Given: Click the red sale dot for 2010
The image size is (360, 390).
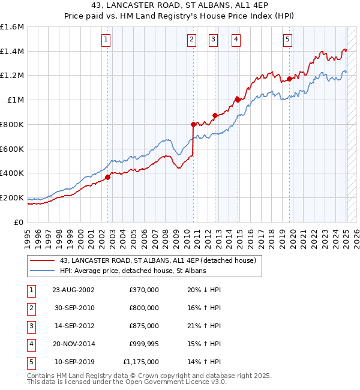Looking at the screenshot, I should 193,125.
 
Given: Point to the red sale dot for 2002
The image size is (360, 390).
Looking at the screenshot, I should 108,177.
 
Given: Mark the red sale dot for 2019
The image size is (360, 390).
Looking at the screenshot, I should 289,79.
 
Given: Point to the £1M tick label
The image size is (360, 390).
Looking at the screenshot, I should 16,100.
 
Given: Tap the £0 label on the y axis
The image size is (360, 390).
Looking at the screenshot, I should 20,222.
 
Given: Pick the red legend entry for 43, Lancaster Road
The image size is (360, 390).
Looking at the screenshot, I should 158,260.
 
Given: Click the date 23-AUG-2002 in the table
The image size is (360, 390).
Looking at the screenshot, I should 74,290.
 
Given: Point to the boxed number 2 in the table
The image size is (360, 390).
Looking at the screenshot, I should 31,308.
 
